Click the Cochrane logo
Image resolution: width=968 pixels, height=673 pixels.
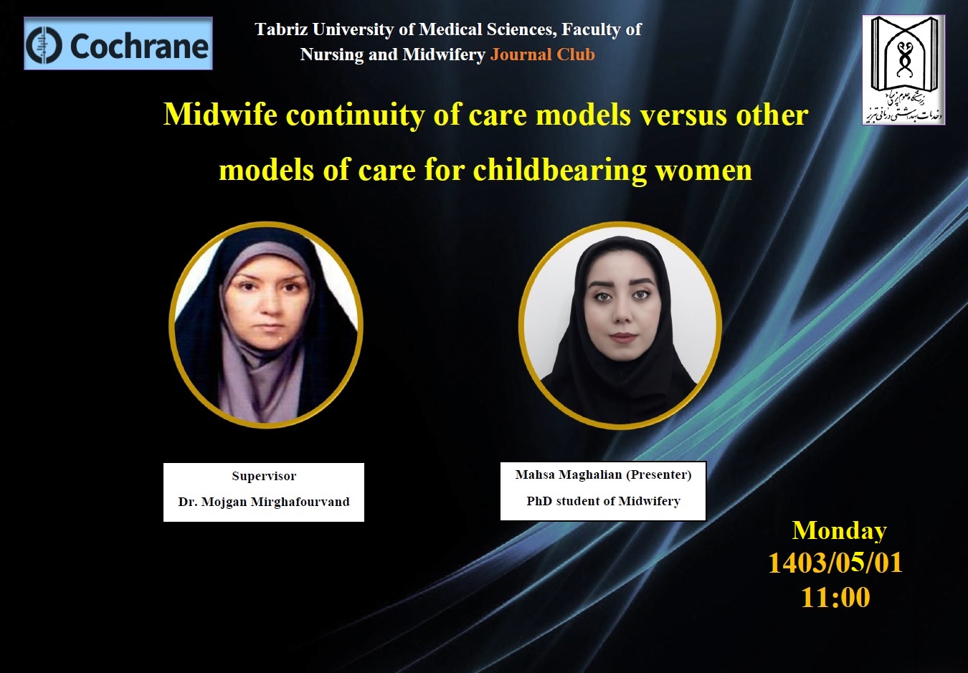pyautogui.click(x=118, y=43)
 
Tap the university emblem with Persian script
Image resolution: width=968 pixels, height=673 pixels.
pyautogui.click(x=903, y=70)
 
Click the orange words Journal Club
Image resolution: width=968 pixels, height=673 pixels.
pyautogui.click(x=542, y=54)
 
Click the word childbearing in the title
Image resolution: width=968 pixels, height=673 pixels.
pyautogui.click(x=559, y=170)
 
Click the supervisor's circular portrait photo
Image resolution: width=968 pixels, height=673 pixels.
pyautogui.click(x=266, y=325)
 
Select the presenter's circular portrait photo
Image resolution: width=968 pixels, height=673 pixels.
pyautogui.click(x=620, y=325)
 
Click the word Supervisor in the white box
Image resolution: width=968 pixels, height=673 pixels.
pyautogui.click(x=264, y=476)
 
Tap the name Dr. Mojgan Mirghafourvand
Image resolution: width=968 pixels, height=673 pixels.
pyautogui.click(x=264, y=502)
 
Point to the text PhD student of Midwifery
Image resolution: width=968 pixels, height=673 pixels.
pyautogui.click(x=603, y=501)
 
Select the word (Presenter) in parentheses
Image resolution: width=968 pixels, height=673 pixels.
pyautogui.click(x=658, y=474)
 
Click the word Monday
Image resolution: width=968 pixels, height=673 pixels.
pyautogui.click(x=839, y=531)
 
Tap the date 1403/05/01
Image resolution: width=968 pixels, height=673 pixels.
pyautogui.click(x=835, y=563)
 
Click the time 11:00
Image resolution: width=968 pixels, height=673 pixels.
pyautogui.click(x=835, y=598)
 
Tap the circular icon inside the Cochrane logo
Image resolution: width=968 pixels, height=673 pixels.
pyautogui.click(x=44, y=45)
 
